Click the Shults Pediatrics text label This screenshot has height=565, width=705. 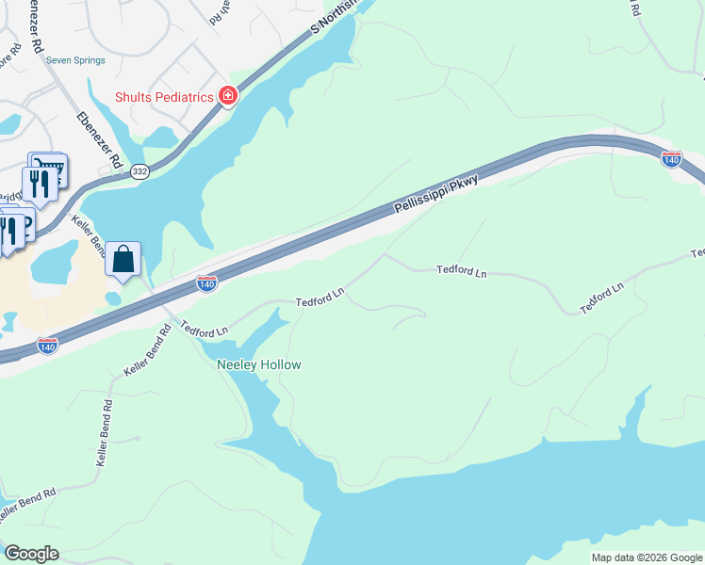[x=162, y=96]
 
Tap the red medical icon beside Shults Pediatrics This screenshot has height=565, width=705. [x=227, y=95]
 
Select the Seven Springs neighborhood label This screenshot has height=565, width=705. [x=77, y=60]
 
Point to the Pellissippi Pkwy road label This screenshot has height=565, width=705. [x=436, y=193]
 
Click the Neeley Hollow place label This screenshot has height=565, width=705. [x=259, y=364]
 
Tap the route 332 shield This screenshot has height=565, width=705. [x=140, y=170]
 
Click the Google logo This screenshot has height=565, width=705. [x=31, y=554]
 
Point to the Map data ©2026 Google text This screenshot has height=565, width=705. [x=646, y=557]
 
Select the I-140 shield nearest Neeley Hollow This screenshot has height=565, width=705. [x=207, y=282]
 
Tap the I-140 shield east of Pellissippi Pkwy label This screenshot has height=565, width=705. [x=671, y=159]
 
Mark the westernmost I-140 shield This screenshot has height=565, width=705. [x=46, y=346]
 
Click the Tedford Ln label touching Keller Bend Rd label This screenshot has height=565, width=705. [x=205, y=331]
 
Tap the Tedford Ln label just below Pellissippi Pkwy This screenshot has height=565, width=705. [x=461, y=271]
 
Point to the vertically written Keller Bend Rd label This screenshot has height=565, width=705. [x=106, y=434]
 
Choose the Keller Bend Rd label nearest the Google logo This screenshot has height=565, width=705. [x=27, y=505]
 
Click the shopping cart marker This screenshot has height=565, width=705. [x=49, y=168]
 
